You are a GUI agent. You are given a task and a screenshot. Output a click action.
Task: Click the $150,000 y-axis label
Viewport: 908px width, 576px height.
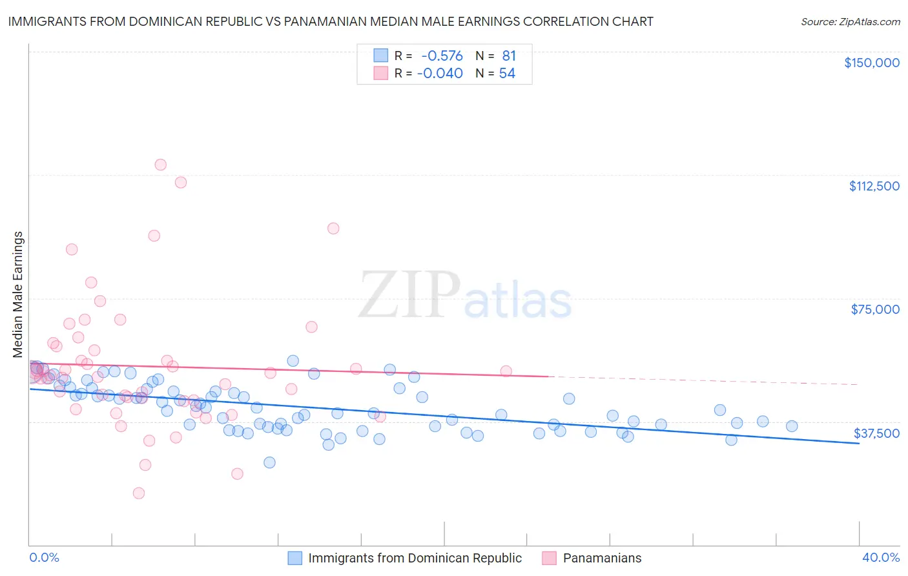[x=872, y=63]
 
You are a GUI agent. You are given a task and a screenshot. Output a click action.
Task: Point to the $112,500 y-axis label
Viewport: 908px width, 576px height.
[x=874, y=186]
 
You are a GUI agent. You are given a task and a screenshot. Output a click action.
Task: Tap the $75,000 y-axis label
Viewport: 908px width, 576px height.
[x=875, y=309]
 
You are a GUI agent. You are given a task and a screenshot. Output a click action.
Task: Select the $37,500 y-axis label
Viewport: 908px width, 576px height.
[x=876, y=433]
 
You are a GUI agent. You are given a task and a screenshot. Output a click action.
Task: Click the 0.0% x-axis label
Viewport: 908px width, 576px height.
[x=44, y=558]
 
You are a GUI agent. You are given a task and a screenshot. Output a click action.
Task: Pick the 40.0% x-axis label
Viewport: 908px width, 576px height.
[x=881, y=558]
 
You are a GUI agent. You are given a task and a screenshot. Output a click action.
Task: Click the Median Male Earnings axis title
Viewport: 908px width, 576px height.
[x=18, y=294]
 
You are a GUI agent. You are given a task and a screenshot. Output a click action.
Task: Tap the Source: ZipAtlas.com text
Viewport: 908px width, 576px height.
[x=850, y=21]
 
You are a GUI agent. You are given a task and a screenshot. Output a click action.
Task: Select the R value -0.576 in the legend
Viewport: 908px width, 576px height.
[x=442, y=56]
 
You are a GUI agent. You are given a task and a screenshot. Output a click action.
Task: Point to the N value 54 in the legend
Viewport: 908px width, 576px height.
[x=507, y=74]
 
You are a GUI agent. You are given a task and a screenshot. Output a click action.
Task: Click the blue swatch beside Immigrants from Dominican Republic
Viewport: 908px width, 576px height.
[x=295, y=558]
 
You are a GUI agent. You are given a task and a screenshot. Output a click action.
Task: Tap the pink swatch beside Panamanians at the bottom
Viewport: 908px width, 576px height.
[x=550, y=558]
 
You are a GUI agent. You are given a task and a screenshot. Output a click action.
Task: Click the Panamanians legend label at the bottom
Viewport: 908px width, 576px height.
[x=602, y=558]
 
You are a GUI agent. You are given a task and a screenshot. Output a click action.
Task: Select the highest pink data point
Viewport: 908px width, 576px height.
[x=160, y=165]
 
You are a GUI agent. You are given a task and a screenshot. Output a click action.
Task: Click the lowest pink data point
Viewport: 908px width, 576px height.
[x=139, y=493]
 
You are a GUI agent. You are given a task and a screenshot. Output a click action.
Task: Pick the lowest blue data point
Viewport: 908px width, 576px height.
[x=269, y=462]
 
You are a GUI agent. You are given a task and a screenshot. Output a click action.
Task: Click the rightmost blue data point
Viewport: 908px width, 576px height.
[x=792, y=426]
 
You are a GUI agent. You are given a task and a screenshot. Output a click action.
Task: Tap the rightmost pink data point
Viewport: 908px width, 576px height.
[x=506, y=371]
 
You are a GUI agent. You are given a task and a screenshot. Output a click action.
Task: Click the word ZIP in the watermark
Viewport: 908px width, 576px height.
[x=409, y=295]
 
